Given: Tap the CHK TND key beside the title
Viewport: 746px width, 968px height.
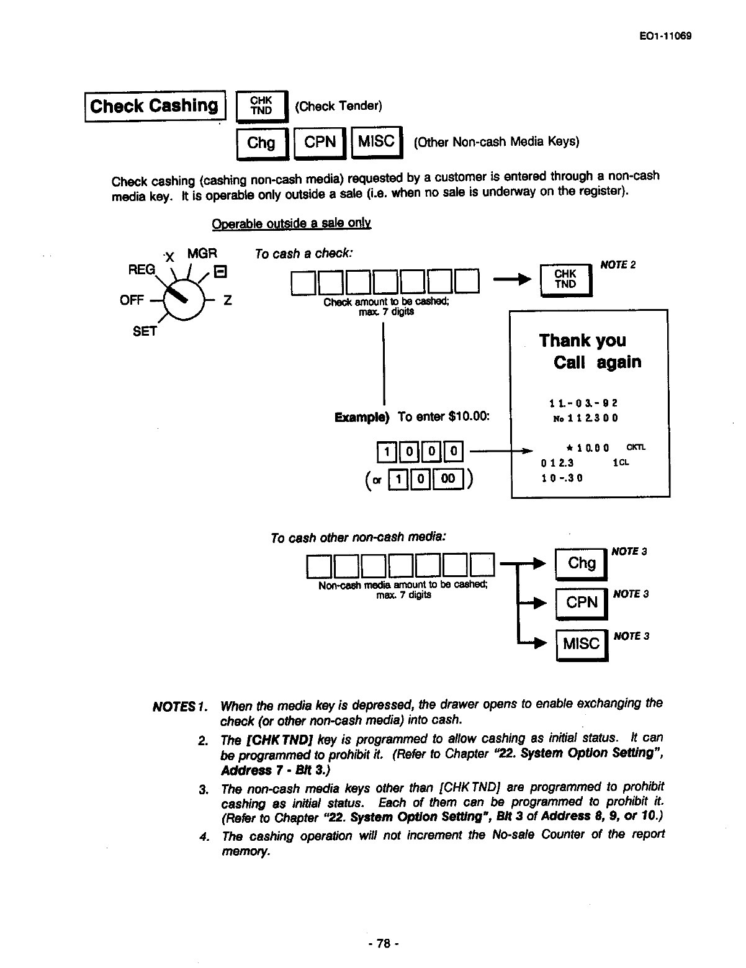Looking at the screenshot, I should (x=261, y=106).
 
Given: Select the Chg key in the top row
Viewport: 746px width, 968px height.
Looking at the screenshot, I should (x=261, y=143).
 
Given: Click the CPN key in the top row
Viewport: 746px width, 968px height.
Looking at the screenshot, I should (x=320, y=142).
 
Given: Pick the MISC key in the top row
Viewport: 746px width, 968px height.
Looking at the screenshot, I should (x=377, y=142).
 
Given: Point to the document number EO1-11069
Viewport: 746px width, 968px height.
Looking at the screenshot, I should (x=664, y=35).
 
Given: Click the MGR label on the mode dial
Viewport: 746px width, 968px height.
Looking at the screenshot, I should (x=202, y=254).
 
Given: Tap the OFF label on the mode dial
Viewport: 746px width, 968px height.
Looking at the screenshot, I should (x=132, y=300).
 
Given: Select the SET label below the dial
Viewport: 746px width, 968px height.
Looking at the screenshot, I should (x=145, y=331).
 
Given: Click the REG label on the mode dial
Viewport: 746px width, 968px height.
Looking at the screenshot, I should (x=141, y=269).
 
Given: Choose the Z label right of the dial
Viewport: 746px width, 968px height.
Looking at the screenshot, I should (x=228, y=300).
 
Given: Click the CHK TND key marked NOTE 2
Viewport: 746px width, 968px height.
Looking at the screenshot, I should (x=565, y=279).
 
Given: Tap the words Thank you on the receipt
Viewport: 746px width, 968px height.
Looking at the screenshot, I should (x=582, y=340).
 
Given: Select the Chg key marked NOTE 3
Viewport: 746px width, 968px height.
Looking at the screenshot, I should (x=582, y=563).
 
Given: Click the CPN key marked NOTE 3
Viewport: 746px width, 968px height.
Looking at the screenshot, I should (x=582, y=603).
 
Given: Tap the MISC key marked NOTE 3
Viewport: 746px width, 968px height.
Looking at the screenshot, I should (x=581, y=644).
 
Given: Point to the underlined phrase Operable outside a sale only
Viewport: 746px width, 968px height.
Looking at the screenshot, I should (x=291, y=223).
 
